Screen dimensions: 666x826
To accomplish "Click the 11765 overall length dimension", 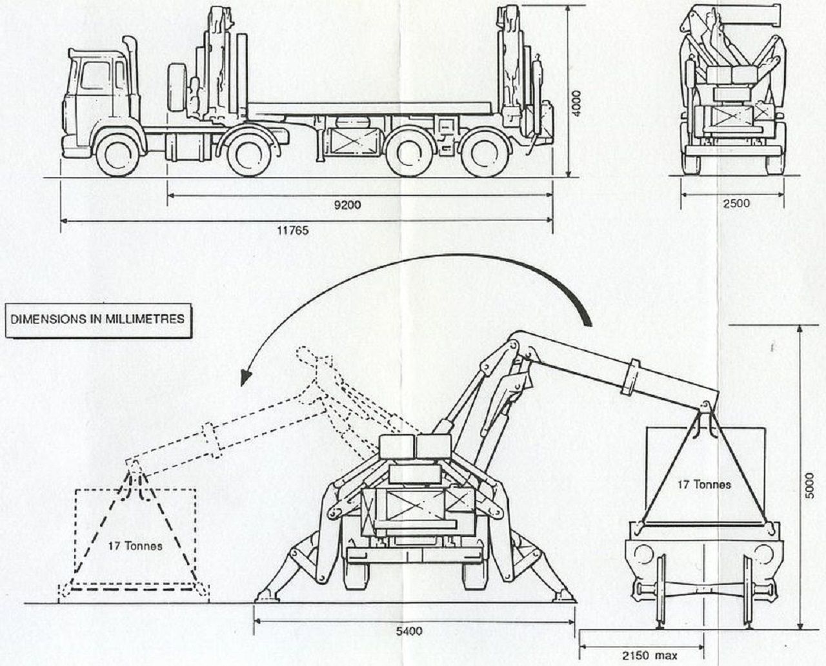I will point(293,230).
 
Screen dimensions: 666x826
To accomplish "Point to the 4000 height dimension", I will point(577,104).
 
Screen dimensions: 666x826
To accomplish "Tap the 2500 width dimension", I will point(736,203).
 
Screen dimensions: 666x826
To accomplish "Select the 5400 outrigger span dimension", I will point(409,631).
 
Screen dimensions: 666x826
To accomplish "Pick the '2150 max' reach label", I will point(650,656).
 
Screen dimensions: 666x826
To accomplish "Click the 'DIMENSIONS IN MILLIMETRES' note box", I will point(97,318).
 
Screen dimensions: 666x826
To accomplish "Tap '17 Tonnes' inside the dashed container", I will point(135,545).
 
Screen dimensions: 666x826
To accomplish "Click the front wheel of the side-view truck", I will point(119,157).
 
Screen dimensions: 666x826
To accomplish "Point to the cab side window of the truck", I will point(95,77).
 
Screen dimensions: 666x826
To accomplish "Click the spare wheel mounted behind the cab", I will point(177,88).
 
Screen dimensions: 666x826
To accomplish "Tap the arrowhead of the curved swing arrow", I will point(245,378).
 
